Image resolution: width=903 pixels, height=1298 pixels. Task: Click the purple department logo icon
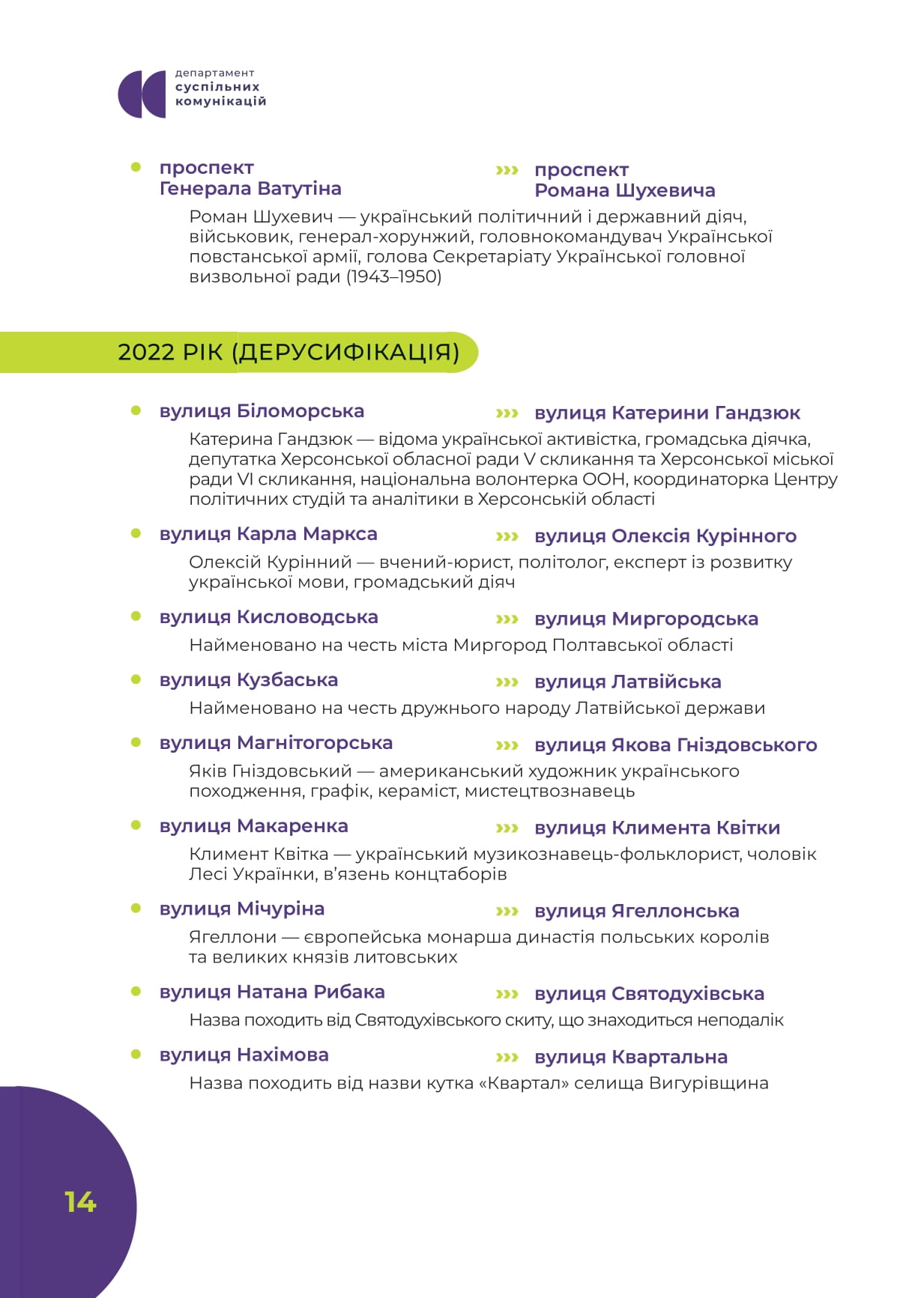pos(142,94)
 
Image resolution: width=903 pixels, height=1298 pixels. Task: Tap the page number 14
pos(80,1201)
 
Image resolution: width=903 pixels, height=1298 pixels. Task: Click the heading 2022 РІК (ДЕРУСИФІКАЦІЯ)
pos(289,352)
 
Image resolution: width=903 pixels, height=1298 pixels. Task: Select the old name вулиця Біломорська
pos(262,411)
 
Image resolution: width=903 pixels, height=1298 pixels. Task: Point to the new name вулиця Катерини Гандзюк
pos(667,413)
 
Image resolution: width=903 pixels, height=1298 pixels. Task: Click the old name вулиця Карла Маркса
pos(268,534)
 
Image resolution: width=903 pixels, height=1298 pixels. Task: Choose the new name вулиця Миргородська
pos(646,619)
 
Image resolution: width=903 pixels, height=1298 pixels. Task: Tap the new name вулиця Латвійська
pos(627,682)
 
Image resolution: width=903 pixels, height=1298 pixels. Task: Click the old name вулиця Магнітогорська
pos(276,743)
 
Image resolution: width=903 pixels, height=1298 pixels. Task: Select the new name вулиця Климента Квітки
pos(657,828)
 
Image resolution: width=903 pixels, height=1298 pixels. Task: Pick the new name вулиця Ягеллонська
pos(636,911)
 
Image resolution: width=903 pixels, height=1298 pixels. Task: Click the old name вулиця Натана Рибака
pos(272,992)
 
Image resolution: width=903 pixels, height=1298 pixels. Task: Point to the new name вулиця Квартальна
pos(631,1057)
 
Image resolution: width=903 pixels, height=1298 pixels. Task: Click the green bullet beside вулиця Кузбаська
pos(136,679)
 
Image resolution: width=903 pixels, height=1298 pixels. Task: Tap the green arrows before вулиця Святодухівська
pos(507,994)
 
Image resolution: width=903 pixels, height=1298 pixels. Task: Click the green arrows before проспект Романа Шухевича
pos(507,171)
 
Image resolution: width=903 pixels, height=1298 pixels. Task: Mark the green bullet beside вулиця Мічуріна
pos(136,909)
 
